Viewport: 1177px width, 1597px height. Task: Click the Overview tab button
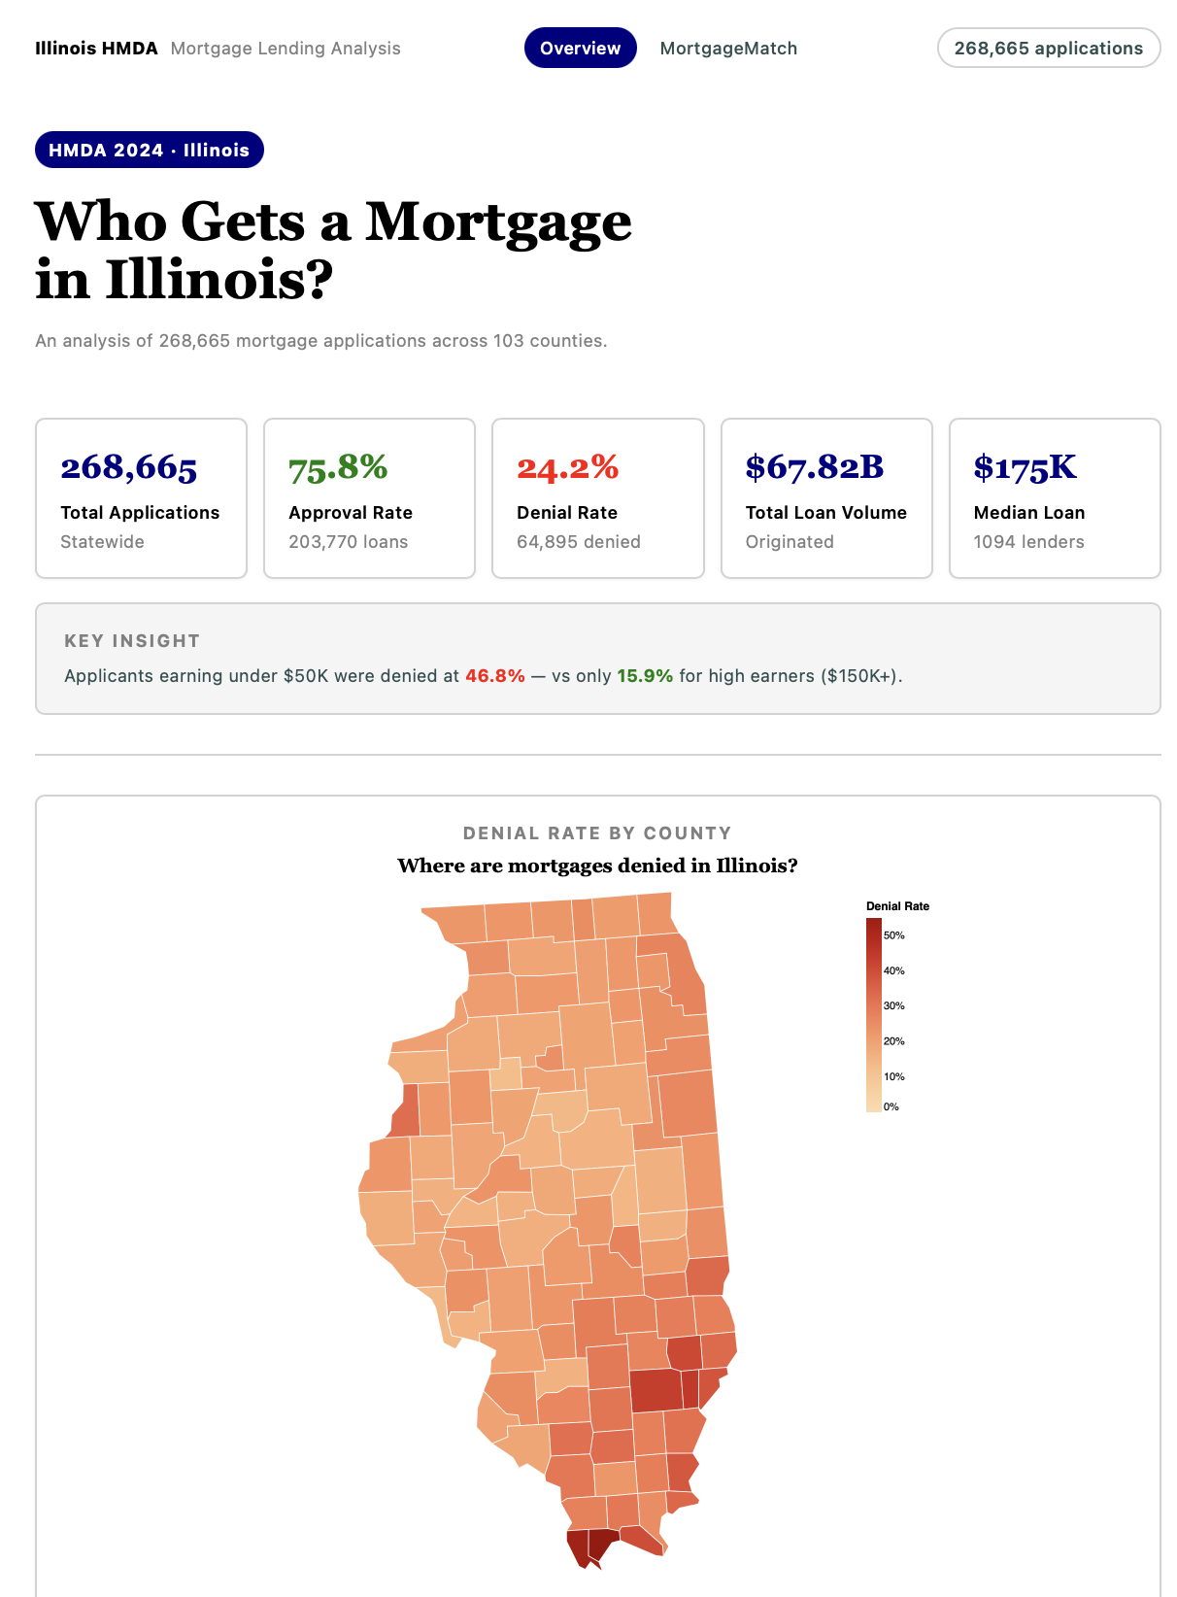point(580,49)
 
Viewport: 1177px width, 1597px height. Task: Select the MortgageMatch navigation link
point(728,49)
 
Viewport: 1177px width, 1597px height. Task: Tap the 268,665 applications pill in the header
point(1048,49)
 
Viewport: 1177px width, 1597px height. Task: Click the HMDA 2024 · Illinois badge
point(150,150)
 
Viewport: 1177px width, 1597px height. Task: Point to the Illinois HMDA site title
point(96,49)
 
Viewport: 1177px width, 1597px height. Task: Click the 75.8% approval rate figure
point(338,468)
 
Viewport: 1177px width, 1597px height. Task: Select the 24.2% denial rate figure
point(567,468)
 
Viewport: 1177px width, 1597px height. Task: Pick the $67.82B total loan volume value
point(814,468)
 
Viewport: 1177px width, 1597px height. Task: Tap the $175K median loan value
point(1025,468)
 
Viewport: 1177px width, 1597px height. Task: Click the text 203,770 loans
point(348,542)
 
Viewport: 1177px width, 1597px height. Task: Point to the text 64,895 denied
point(578,542)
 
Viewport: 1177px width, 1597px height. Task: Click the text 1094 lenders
point(1028,542)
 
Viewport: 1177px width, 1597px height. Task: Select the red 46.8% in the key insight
point(494,676)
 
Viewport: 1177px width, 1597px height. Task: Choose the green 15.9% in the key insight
point(645,676)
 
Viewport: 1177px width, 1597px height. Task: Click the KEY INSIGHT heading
point(132,641)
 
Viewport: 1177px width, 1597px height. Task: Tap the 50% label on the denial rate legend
point(893,935)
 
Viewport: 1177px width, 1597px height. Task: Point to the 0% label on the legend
point(891,1106)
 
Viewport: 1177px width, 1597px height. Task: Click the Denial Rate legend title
point(897,906)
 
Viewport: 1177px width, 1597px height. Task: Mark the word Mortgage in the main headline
point(498,221)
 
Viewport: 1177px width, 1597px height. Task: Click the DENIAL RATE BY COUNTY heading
point(597,833)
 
